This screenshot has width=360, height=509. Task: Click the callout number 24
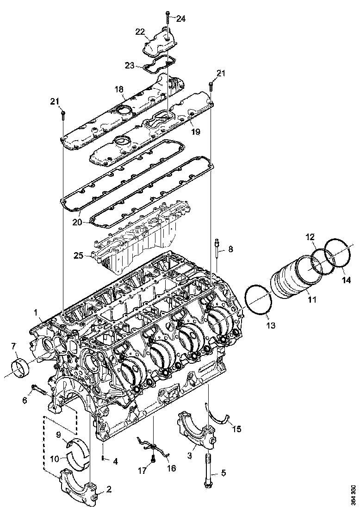click(180, 19)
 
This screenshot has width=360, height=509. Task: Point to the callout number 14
click(346, 280)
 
